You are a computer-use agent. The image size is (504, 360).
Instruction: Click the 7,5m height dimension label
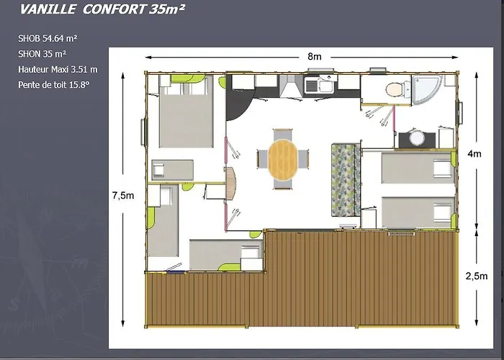tap(122, 195)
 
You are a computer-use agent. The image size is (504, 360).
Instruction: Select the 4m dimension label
tap(474, 153)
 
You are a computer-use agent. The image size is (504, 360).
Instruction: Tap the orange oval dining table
tap(282, 159)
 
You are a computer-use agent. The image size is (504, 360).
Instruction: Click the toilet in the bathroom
tap(395, 89)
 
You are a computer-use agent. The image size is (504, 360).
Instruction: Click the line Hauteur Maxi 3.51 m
tap(58, 69)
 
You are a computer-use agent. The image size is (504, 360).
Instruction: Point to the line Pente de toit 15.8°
tap(54, 84)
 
